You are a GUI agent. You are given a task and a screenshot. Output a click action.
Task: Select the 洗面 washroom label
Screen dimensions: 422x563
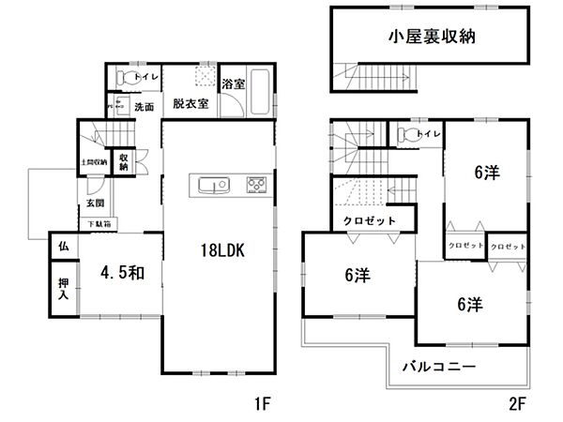144,106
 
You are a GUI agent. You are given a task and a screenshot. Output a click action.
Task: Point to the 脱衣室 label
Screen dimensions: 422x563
190,105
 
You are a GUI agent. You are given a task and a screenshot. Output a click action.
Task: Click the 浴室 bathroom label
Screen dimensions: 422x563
234,84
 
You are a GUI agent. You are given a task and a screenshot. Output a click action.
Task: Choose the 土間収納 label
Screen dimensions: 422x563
94,162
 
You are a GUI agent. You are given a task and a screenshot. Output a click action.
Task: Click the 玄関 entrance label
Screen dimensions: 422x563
96,202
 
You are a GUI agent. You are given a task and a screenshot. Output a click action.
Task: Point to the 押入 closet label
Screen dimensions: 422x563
62,289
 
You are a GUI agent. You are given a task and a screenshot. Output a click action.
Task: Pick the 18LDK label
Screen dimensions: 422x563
221,250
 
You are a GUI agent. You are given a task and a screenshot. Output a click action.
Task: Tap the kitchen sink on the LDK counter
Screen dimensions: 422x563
210,183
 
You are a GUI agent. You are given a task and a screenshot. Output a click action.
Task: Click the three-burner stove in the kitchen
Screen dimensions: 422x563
256,184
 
